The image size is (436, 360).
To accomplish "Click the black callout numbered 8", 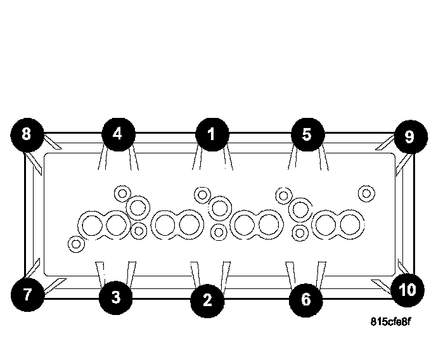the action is (26, 134).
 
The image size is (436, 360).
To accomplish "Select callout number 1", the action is (211, 134).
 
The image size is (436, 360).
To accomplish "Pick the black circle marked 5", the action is (307, 134).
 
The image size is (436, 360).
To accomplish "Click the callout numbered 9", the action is (409, 136).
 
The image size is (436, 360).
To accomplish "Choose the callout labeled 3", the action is (115, 297).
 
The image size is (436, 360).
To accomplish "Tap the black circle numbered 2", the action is (207, 299).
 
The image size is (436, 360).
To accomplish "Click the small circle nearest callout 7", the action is (76, 243).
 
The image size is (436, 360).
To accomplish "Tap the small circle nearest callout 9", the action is (366, 192).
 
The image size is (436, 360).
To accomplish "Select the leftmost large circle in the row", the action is (91, 225).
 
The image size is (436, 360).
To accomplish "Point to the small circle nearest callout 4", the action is (121, 192).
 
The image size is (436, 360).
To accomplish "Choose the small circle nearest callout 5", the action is (283, 194).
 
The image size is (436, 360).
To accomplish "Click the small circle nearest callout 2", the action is (219, 232).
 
